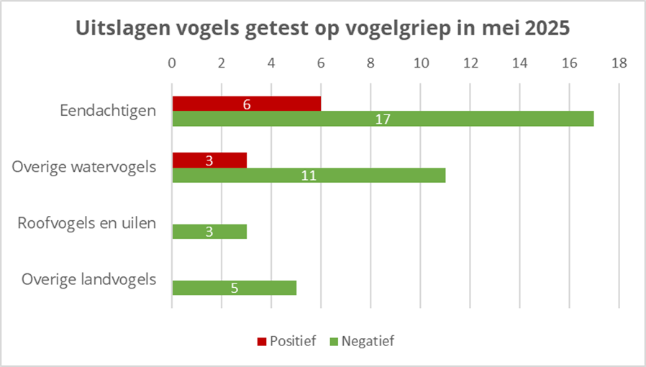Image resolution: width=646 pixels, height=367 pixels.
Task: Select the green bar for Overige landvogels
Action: click(x=259, y=288)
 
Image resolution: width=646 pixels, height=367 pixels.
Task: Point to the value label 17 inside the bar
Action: click(x=383, y=119)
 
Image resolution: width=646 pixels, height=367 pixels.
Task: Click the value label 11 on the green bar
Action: click(x=309, y=175)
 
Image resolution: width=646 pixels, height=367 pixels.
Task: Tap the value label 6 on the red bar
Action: click(x=247, y=104)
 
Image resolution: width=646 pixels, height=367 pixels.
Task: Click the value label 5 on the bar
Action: click(x=235, y=288)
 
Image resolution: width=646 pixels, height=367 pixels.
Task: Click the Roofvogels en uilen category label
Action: click(x=86, y=223)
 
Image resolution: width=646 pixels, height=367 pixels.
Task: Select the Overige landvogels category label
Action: click(x=89, y=279)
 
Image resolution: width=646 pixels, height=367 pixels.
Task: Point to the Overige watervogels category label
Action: click(x=84, y=167)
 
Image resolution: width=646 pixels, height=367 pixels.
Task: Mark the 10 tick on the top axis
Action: click(x=420, y=63)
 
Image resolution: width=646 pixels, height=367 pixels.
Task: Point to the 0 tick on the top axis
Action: click(x=172, y=63)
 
